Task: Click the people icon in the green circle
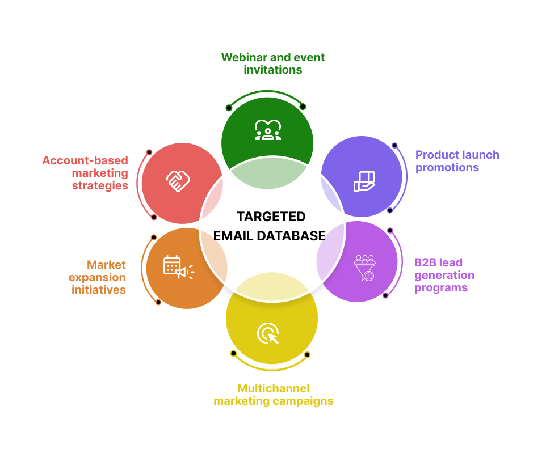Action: (x=267, y=130)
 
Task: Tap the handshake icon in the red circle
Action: (x=178, y=181)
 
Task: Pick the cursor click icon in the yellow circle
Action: (x=268, y=333)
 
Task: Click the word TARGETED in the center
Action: (x=271, y=217)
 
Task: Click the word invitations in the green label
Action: (x=272, y=70)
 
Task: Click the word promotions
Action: (x=447, y=167)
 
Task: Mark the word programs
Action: (x=441, y=287)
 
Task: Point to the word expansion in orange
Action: (x=98, y=277)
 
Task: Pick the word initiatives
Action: (x=99, y=290)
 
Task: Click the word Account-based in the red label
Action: (x=85, y=160)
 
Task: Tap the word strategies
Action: (x=100, y=185)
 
